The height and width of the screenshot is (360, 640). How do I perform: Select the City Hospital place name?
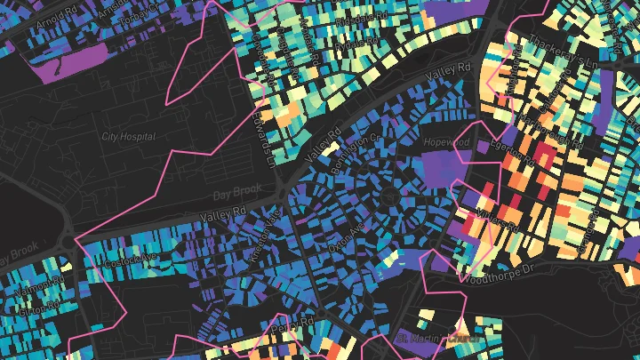(x=128, y=137)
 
